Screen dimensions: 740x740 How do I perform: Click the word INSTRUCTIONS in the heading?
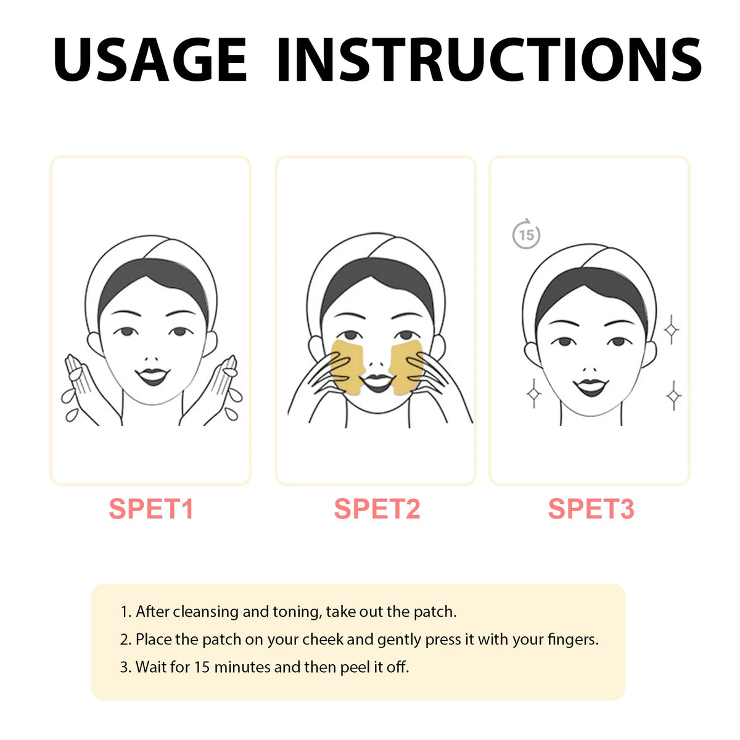(x=489, y=60)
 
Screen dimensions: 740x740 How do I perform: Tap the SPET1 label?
(x=151, y=509)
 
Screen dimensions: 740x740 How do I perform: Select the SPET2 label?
(x=377, y=509)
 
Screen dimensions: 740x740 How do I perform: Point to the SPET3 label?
(x=591, y=509)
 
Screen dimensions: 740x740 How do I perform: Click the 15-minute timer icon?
(x=526, y=234)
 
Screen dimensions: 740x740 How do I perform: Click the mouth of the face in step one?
(x=152, y=376)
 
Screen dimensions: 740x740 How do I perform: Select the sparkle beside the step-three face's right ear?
(x=671, y=330)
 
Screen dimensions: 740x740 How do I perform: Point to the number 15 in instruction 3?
(x=202, y=667)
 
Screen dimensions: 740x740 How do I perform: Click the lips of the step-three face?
(x=590, y=387)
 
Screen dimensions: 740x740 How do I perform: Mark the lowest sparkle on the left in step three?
(x=533, y=394)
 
